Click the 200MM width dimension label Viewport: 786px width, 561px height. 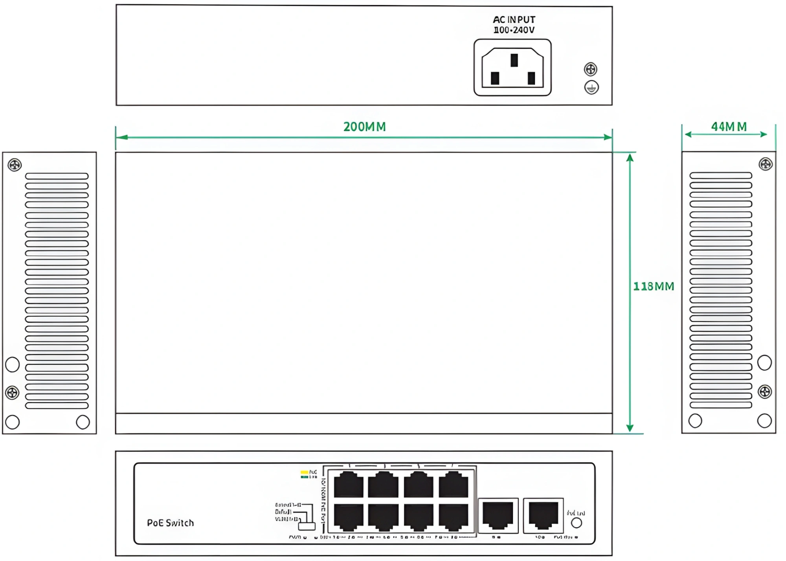pyautogui.click(x=364, y=127)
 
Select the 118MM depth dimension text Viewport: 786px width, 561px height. pyautogui.click(x=654, y=286)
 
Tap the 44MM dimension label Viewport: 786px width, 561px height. pyautogui.click(x=729, y=127)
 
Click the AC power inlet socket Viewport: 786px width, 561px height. pyautogui.click(x=512, y=68)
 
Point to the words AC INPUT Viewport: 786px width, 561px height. pyautogui.click(x=514, y=20)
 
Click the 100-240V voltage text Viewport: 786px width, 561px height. pyautogui.click(x=514, y=30)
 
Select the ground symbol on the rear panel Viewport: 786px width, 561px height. pyautogui.click(x=591, y=87)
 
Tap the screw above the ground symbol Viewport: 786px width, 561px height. pyautogui.click(x=590, y=70)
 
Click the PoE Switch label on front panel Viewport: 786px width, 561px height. pyautogui.click(x=170, y=523)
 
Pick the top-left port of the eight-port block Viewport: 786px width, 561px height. pyautogui.click(x=348, y=485)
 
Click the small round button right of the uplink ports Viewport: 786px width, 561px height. pyautogui.click(x=576, y=523)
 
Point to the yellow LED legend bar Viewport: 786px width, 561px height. pyautogui.click(x=304, y=472)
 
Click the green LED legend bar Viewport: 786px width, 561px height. pyautogui.click(x=304, y=477)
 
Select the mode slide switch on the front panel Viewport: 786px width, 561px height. pyautogui.click(x=307, y=526)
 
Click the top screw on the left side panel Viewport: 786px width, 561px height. pyautogui.click(x=15, y=165)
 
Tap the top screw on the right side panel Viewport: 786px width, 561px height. pyautogui.click(x=766, y=164)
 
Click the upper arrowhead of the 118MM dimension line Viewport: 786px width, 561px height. pyautogui.click(x=630, y=158)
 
